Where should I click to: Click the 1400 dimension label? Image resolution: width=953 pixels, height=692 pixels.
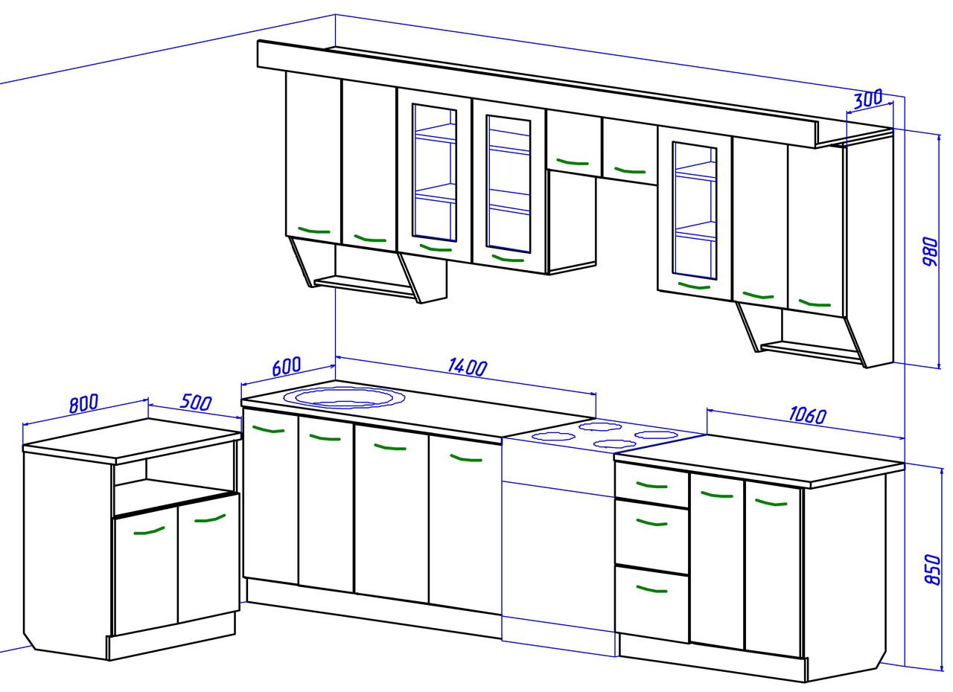pos(468,368)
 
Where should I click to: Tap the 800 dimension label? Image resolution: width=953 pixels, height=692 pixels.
pos(84,403)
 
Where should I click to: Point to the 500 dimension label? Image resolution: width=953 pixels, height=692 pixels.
pos(196,403)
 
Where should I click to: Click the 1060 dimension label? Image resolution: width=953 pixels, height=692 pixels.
pos(808,415)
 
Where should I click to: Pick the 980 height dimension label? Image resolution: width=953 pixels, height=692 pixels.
pos(930,252)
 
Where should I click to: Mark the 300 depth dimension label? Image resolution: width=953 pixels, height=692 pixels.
pos(868,99)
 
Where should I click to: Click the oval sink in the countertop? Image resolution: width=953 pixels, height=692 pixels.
pos(344,398)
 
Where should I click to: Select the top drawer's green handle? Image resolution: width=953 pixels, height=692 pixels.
pos(651,485)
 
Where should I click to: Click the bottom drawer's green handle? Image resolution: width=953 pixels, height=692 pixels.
pos(651,589)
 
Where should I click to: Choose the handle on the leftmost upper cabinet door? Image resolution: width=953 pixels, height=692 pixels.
pos(314,231)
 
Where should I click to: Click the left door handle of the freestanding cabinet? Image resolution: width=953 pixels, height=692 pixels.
pos(149,531)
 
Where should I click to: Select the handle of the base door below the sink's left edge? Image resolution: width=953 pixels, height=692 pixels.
pos(268,429)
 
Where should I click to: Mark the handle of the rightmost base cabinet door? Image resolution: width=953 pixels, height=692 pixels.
pos(771,503)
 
